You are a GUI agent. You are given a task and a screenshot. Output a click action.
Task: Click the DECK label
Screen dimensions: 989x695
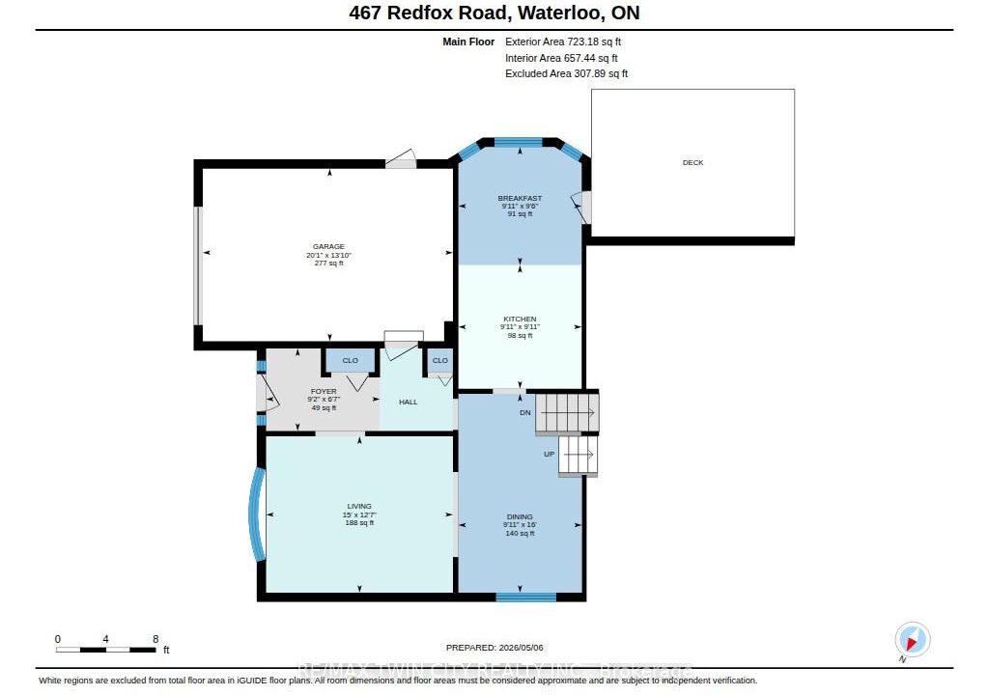[692, 163]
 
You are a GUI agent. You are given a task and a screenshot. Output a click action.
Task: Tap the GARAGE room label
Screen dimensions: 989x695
[328, 246]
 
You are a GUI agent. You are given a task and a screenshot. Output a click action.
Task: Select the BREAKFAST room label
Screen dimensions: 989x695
[520, 198]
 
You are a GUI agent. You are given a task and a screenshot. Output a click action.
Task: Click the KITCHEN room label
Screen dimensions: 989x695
[520, 320]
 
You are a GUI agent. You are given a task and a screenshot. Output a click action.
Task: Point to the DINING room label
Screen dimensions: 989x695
[520, 516]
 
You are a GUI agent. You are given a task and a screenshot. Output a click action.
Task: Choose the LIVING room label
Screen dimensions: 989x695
[359, 507]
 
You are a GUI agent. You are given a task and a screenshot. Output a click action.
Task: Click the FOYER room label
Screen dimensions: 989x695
[324, 392]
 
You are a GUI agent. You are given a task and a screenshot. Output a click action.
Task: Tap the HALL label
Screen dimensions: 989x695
[409, 402]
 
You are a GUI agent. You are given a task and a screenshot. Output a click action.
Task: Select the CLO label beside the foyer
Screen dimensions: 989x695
[350, 361]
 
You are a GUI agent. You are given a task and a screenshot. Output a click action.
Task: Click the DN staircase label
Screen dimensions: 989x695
[525, 413]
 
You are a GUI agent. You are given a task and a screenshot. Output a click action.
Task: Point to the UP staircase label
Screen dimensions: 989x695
[550, 454]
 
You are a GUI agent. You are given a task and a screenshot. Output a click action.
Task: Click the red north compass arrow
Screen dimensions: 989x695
[912, 643]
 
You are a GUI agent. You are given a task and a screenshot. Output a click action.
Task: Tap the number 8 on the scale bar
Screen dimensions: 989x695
[155, 639]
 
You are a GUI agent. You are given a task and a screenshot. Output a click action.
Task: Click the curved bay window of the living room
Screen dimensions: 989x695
[255, 514]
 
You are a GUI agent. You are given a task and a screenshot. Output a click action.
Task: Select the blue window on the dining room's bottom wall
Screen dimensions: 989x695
[526, 597]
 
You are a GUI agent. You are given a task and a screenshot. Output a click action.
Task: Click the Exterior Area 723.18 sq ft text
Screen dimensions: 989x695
[563, 42]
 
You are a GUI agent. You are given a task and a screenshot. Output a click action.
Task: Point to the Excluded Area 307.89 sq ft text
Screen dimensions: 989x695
[566, 73]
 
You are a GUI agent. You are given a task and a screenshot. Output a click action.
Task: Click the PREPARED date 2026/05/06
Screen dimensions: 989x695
[521, 648]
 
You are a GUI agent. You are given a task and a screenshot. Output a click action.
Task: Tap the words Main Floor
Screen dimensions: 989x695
[468, 42]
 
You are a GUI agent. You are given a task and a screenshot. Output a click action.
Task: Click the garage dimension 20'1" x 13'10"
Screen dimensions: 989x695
[328, 256]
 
